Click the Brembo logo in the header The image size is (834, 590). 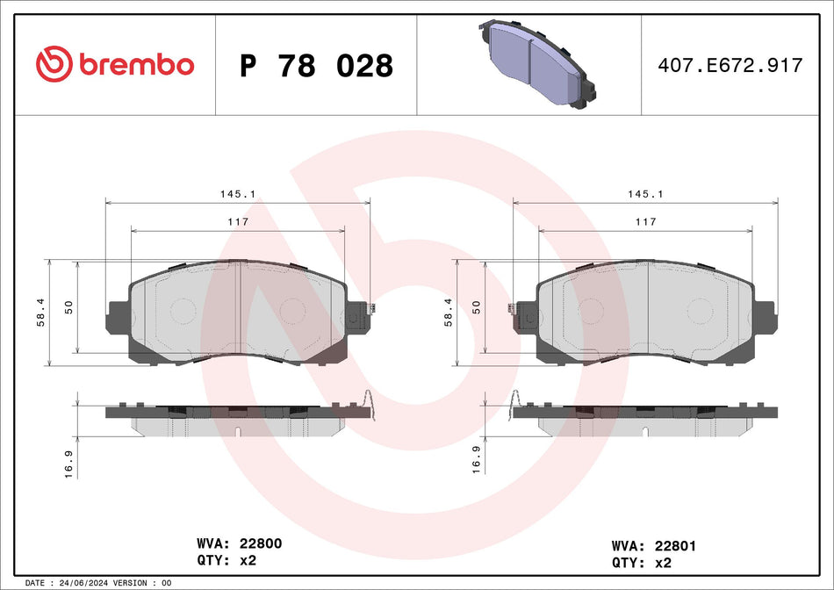click(x=114, y=64)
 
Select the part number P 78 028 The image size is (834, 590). click(x=316, y=66)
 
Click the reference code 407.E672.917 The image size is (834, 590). click(x=730, y=66)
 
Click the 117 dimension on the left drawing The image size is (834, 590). click(x=237, y=223)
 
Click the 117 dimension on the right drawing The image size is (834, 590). click(x=644, y=223)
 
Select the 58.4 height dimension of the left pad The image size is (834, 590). click(x=40, y=312)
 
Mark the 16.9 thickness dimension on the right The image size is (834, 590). click(x=476, y=457)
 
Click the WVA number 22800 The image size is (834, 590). click(x=258, y=544)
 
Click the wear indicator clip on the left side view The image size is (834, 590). click(x=371, y=405)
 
